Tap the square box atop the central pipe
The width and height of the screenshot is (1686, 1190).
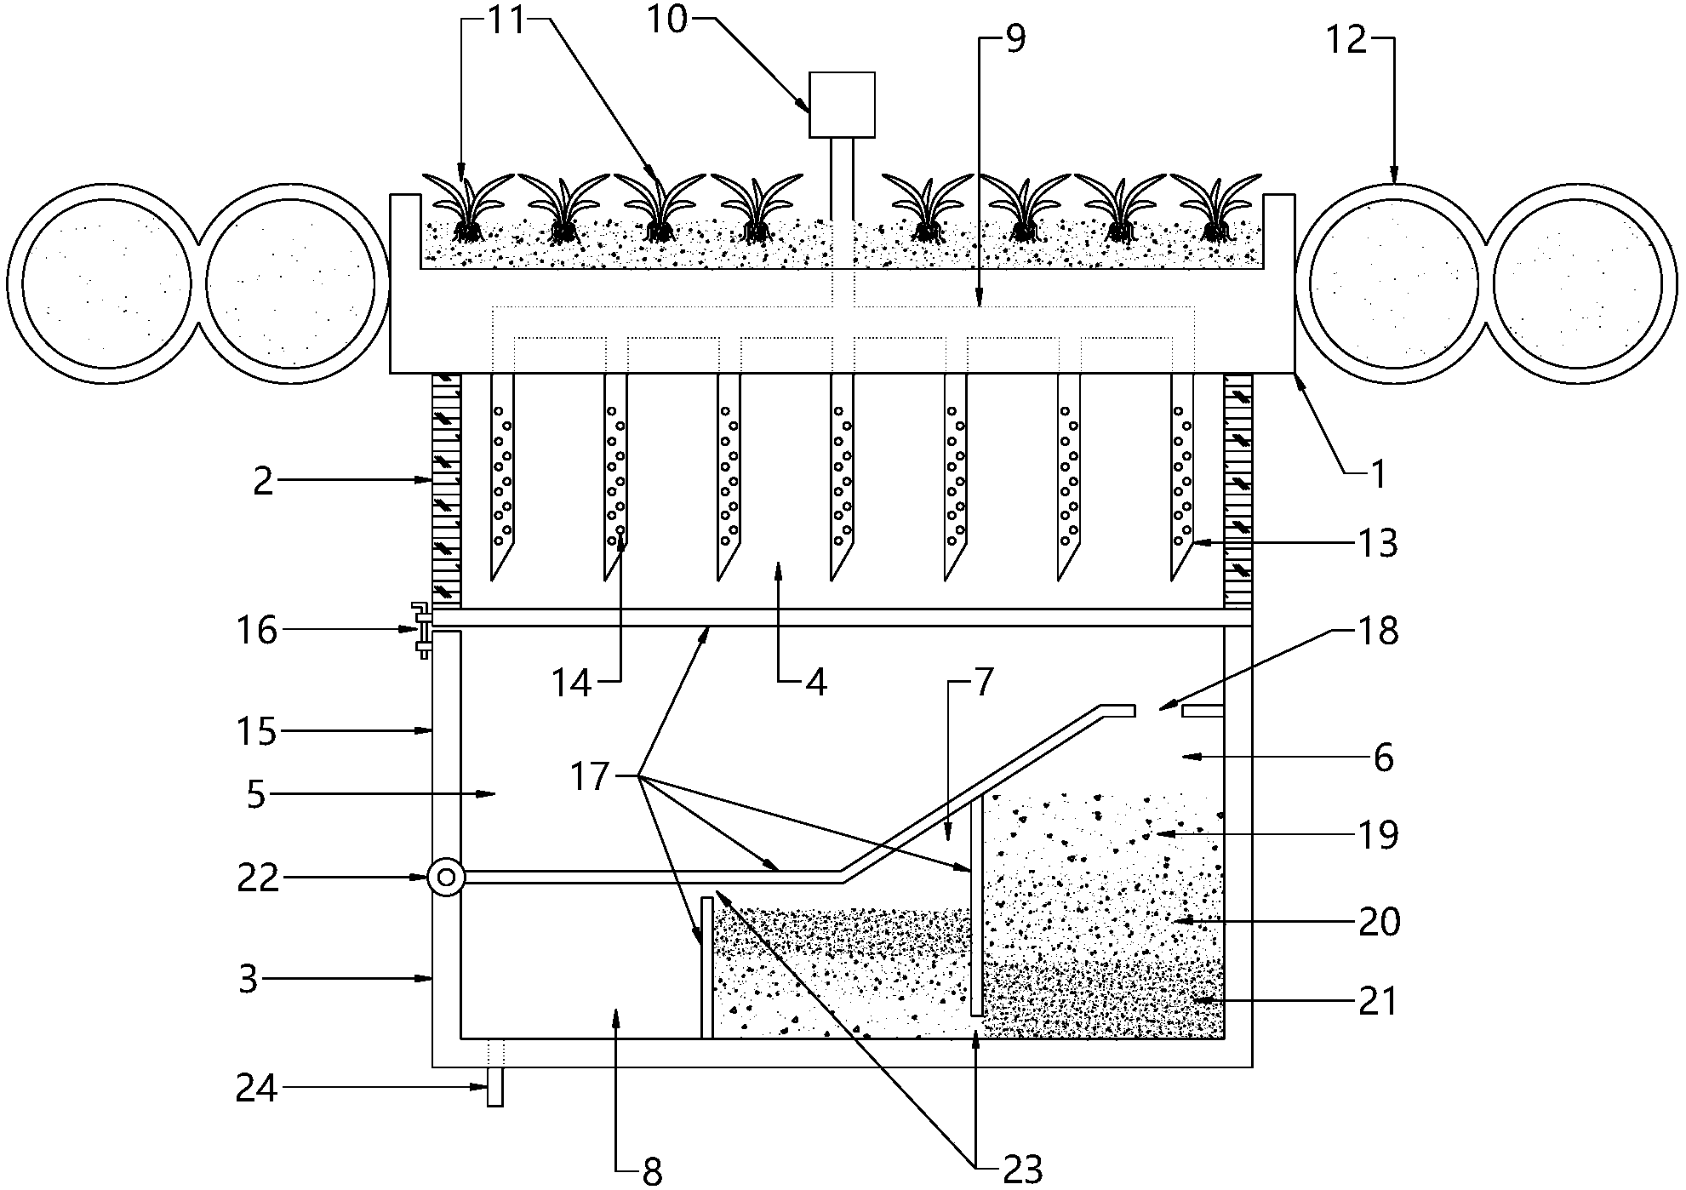(x=842, y=105)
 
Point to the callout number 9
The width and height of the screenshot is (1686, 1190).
(x=1015, y=39)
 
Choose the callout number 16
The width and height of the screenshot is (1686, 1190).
(x=256, y=631)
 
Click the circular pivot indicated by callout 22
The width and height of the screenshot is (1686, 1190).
(x=446, y=877)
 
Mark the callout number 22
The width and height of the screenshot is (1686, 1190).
(x=256, y=878)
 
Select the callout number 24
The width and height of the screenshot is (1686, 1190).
(x=256, y=1089)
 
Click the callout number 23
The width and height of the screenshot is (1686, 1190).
(x=1022, y=1171)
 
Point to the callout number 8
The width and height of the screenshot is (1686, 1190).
(x=652, y=1172)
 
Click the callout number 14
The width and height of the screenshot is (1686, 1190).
(x=572, y=683)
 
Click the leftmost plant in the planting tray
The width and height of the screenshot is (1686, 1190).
(x=467, y=207)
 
